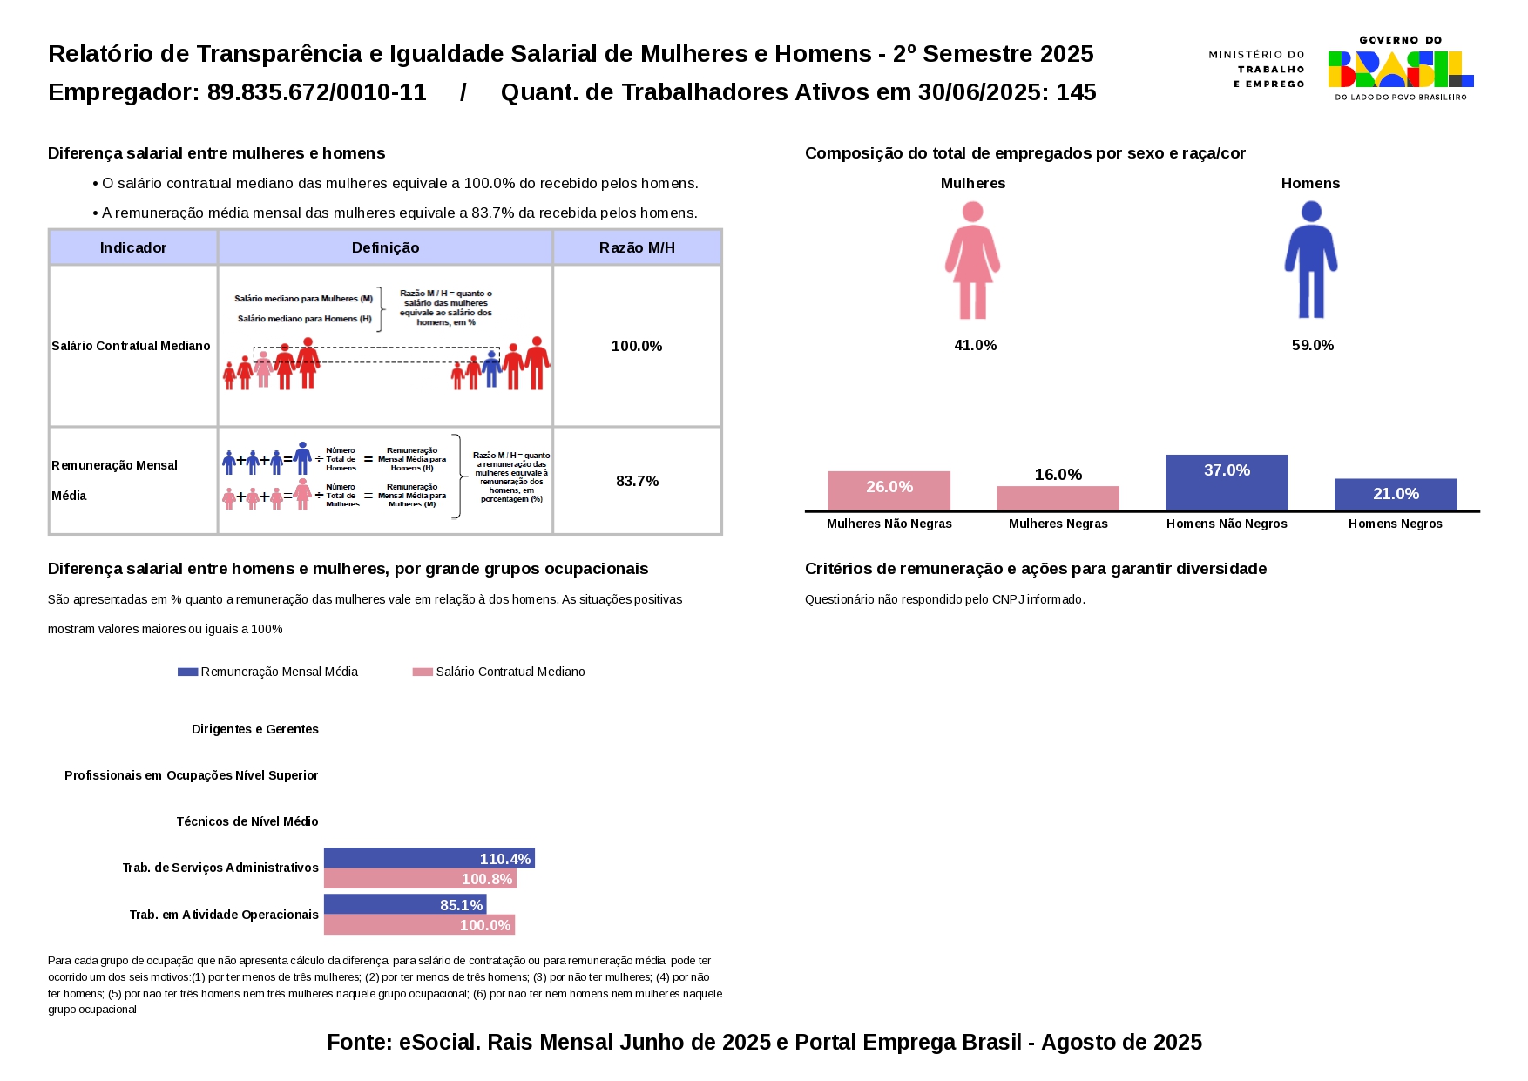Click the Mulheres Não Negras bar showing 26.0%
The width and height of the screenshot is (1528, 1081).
tap(889, 490)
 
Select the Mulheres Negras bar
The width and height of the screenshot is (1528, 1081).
tap(1058, 498)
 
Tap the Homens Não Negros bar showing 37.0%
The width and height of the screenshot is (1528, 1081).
tap(1226, 483)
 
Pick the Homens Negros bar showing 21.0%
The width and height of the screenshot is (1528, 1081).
tap(1395, 494)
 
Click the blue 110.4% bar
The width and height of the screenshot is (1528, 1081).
tap(429, 858)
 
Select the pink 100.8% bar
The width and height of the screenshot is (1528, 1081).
tap(420, 879)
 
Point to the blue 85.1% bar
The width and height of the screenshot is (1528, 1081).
tap(404, 904)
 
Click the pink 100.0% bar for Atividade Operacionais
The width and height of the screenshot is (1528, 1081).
tap(419, 925)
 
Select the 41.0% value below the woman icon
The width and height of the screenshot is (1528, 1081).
tap(975, 346)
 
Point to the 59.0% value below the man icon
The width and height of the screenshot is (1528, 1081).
tap(1312, 346)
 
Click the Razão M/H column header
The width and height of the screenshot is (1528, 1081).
tap(637, 248)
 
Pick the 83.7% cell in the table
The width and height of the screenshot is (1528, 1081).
tap(637, 481)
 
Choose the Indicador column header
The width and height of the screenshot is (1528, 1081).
tap(132, 248)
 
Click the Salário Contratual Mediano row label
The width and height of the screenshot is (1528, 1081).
tap(131, 346)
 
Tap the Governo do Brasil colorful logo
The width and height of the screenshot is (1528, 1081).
tap(1400, 68)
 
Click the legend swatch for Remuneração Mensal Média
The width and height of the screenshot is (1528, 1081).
tap(187, 672)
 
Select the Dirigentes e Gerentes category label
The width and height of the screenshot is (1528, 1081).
tap(254, 729)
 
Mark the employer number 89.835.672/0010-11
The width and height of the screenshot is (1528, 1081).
tap(316, 92)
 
